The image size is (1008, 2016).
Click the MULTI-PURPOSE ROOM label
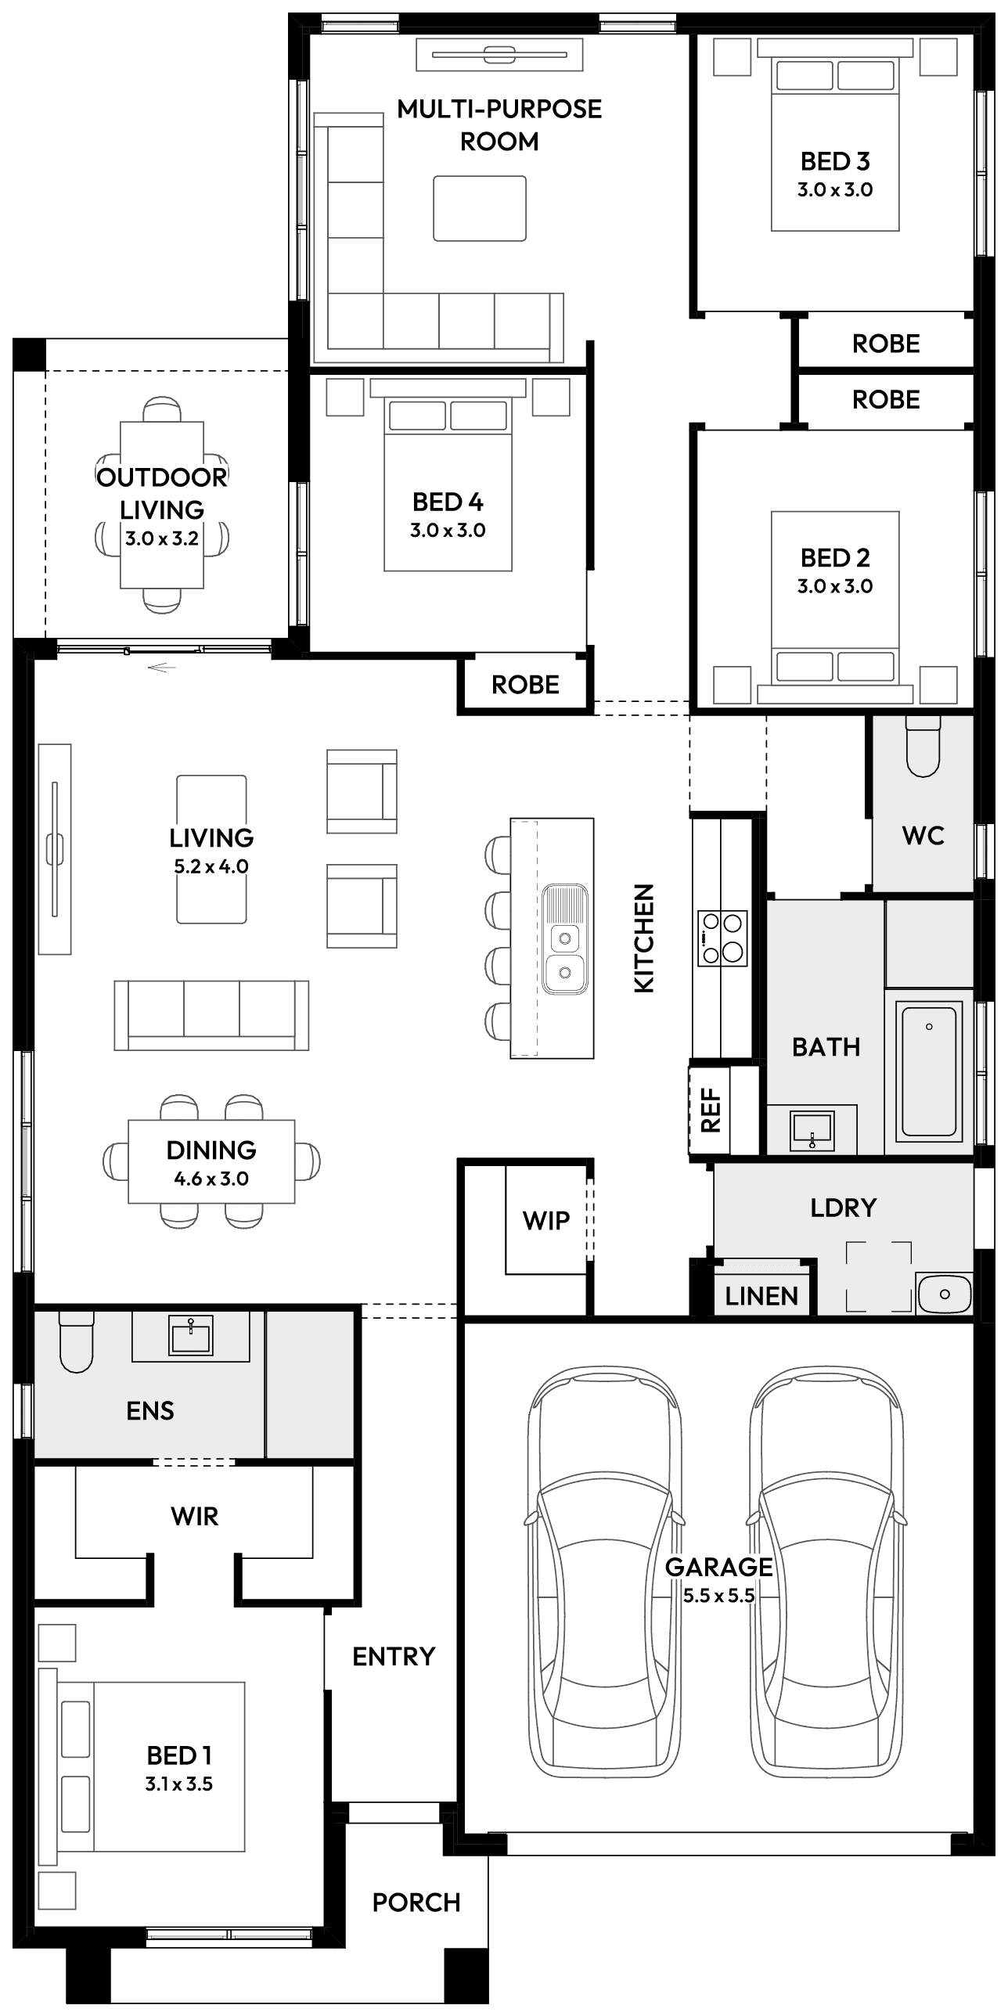coord(499,124)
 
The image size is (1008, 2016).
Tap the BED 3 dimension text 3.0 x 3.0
coord(835,189)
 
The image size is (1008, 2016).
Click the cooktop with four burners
coord(722,938)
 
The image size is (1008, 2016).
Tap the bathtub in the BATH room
coord(929,1071)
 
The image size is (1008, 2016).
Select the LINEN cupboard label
coord(761,1297)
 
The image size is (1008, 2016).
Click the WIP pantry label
coord(545,1220)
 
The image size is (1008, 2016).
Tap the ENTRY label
coord(394,1656)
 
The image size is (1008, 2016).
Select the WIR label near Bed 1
coord(194,1516)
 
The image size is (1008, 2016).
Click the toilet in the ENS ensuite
coord(77,1341)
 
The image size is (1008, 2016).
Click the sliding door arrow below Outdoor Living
coord(161,668)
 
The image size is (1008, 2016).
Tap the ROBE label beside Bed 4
coord(525,685)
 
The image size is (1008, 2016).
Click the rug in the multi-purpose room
coord(480,208)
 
